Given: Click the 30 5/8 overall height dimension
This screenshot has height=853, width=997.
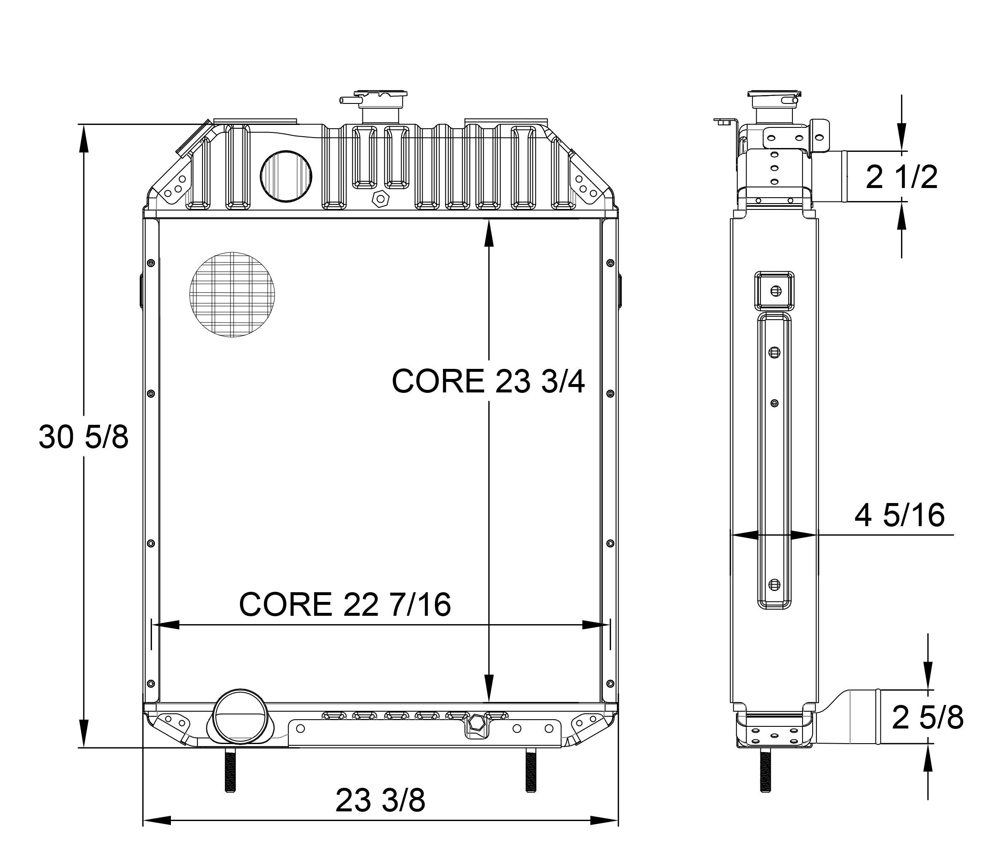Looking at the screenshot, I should (84, 437).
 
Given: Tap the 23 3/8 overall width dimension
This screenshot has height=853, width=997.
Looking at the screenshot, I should (380, 800).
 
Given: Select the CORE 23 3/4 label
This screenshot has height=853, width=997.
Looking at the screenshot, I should (488, 381).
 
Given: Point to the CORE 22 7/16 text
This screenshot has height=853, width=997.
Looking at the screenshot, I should (344, 604).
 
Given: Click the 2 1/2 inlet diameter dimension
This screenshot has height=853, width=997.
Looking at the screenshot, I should (901, 177).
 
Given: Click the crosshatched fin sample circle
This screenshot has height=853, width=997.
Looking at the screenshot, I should (232, 294).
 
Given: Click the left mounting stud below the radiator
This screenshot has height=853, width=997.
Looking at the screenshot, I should (230, 776).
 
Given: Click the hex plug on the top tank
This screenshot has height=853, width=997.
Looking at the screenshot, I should (380, 199).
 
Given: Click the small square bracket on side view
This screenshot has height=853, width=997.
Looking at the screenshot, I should (774, 290).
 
